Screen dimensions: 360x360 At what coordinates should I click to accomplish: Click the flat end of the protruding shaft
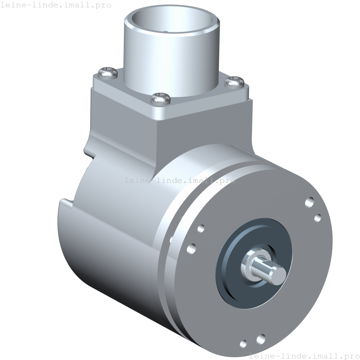278,274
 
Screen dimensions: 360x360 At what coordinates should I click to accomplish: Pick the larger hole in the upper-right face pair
309,202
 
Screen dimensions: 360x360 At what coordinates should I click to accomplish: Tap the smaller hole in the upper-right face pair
317,218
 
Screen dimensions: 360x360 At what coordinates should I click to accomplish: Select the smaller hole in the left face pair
201,228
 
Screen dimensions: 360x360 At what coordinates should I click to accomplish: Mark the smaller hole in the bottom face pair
243,344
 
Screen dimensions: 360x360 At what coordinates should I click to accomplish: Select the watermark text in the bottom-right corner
305,356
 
